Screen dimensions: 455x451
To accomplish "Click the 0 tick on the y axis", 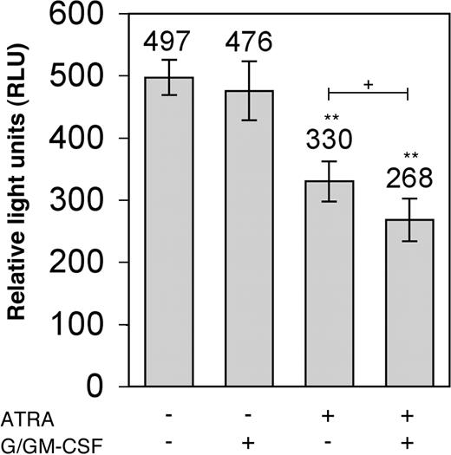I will [116, 387].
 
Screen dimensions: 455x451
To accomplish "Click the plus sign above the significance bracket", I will [369, 85].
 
